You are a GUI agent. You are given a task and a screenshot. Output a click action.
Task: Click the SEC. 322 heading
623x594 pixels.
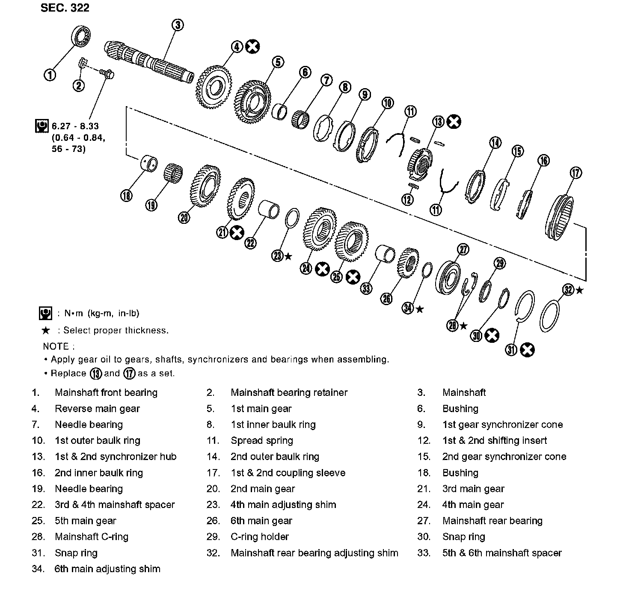click(65, 8)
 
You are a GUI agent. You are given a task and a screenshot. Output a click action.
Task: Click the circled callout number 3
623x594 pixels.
click(178, 25)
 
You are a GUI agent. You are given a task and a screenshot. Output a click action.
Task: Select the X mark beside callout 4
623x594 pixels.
click(252, 47)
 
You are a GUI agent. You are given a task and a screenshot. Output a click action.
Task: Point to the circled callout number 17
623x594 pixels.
click(576, 173)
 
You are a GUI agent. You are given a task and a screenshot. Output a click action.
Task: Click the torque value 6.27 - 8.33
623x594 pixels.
click(75, 126)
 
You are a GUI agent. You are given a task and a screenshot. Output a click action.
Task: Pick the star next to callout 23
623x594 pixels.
click(288, 256)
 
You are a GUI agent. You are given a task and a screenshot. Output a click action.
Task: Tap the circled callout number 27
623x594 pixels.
click(463, 249)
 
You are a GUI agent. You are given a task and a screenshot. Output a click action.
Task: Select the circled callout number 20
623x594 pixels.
click(184, 218)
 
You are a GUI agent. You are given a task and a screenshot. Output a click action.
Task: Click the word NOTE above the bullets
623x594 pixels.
click(56, 346)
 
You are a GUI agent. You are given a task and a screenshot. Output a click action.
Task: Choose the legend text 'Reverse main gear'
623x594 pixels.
click(97, 409)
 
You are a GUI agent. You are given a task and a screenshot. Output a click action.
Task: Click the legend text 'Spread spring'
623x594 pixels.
click(262, 441)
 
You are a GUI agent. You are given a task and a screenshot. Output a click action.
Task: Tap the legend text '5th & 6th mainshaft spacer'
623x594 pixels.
click(502, 553)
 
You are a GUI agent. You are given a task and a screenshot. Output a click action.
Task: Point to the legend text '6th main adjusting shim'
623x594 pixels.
click(107, 569)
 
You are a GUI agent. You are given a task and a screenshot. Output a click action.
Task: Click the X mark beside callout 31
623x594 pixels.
click(527, 350)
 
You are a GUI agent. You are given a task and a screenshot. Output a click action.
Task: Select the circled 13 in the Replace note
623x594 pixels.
click(95, 374)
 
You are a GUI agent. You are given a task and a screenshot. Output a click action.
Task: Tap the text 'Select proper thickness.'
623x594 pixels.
click(116, 330)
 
